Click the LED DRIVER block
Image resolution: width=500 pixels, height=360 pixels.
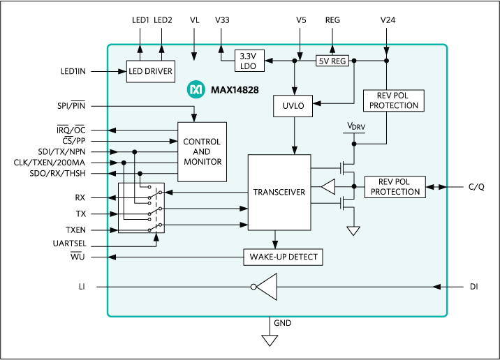[x=149, y=71]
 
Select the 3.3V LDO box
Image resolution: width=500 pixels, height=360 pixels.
[x=248, y=61]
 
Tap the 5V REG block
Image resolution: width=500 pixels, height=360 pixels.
[x=332, y=61]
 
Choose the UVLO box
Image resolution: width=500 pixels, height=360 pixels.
[x=294, y=105]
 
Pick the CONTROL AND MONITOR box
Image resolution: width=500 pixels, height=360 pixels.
[x=202, y=151]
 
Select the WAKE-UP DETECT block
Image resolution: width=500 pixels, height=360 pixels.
[x=284, y=257]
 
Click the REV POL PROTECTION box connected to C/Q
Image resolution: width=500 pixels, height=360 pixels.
[x=395, y=186]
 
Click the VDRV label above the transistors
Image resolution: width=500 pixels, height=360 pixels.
[x=355, y=127]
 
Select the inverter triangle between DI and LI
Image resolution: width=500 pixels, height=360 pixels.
[x=265, y=286]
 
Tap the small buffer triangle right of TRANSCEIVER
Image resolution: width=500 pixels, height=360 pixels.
[x=329, y=187]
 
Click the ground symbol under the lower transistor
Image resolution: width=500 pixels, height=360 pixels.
[x=355, y=231]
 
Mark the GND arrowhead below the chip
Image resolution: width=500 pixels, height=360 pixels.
[x=270, y=339]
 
